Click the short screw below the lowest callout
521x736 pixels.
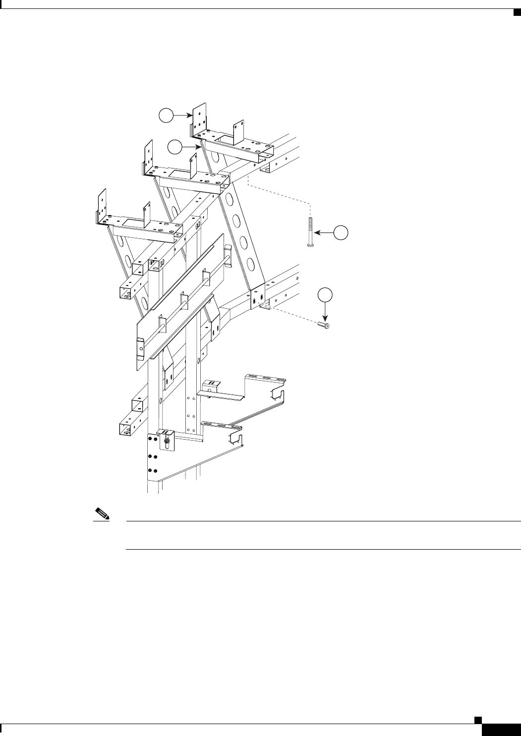(x=324, y=325)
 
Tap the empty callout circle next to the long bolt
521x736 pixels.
(x=341, y=232)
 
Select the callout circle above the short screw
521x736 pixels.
(x=325, y=294)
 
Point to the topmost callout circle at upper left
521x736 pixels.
(x=166, y=115)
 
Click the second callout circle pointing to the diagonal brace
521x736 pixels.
(x=174, y=147)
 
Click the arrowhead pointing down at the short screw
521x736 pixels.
(x=325, y=319)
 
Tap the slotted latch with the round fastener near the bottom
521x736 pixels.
(x=167, y=439)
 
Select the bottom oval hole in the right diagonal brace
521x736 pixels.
(x=251, y=264)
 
